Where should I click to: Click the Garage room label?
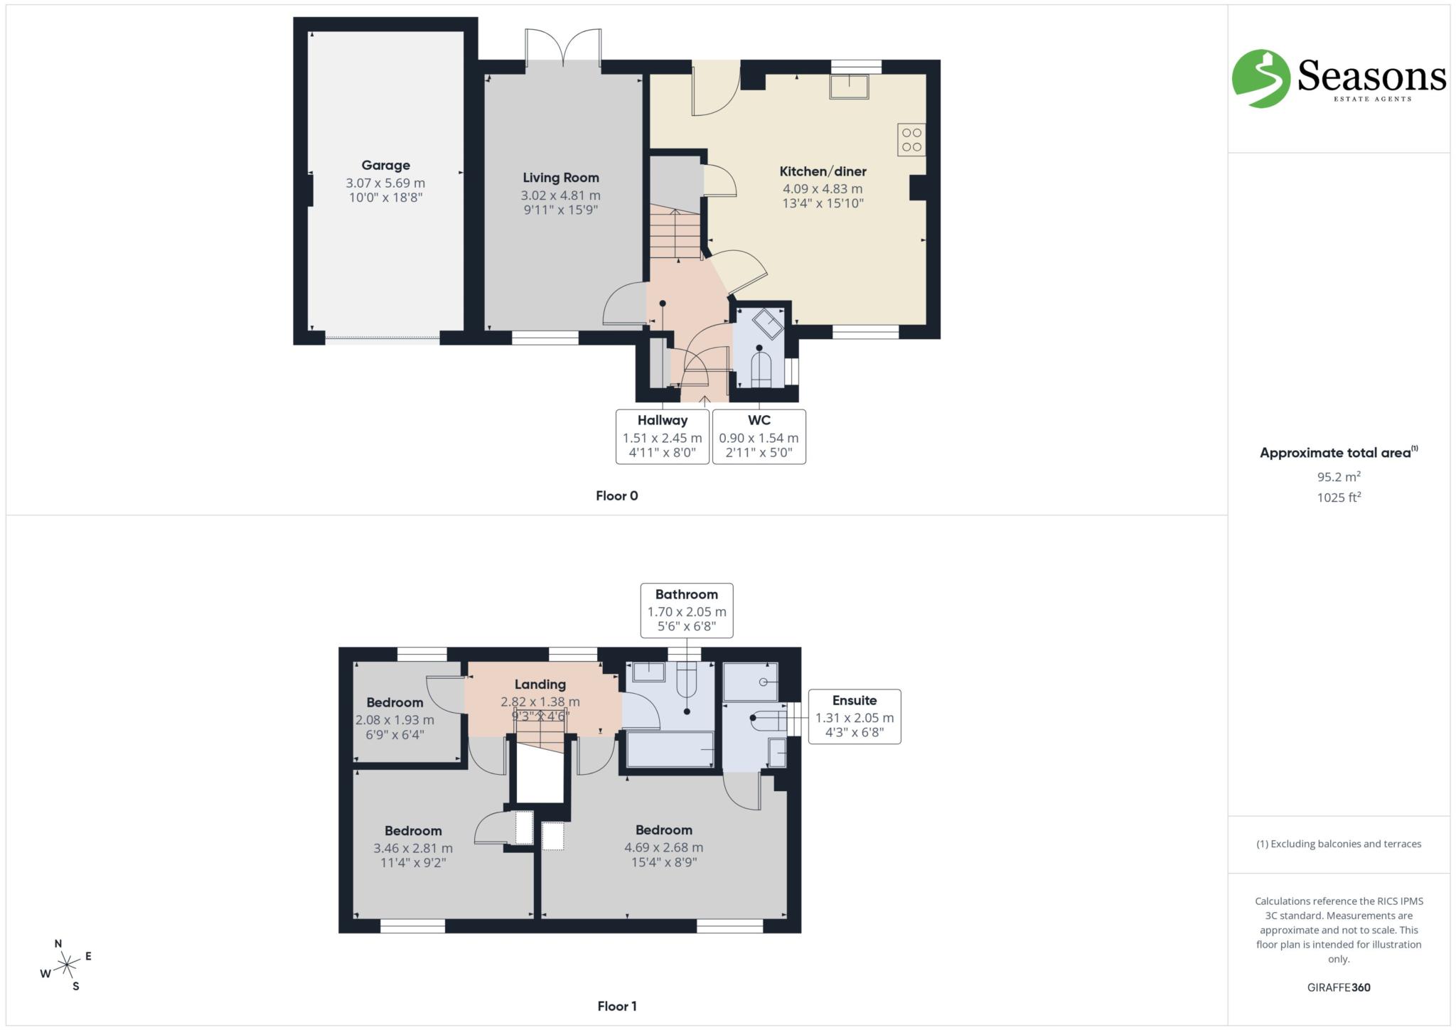[385, 165]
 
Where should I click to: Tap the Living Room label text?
[560, 178]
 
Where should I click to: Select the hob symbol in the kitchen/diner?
[911, 140]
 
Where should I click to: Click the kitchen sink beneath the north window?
[849, 87]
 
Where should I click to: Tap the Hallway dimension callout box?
[662, 436]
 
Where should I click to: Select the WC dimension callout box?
[759, 436]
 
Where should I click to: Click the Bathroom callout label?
[686, 594]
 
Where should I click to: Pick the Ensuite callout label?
[854, 700]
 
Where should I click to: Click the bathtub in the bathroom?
[670, 750]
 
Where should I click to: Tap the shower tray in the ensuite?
[750, 682]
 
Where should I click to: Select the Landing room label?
[540, 685]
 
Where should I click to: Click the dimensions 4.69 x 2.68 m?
[663, 847]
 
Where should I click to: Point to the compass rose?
[66, 965]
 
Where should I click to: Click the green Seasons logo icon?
[1260, 78]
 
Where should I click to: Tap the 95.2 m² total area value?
[1338, 477]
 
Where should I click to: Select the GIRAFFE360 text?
[1338, 987]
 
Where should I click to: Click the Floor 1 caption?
[616, 1006]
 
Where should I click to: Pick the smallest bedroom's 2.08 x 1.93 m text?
[395, 719]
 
